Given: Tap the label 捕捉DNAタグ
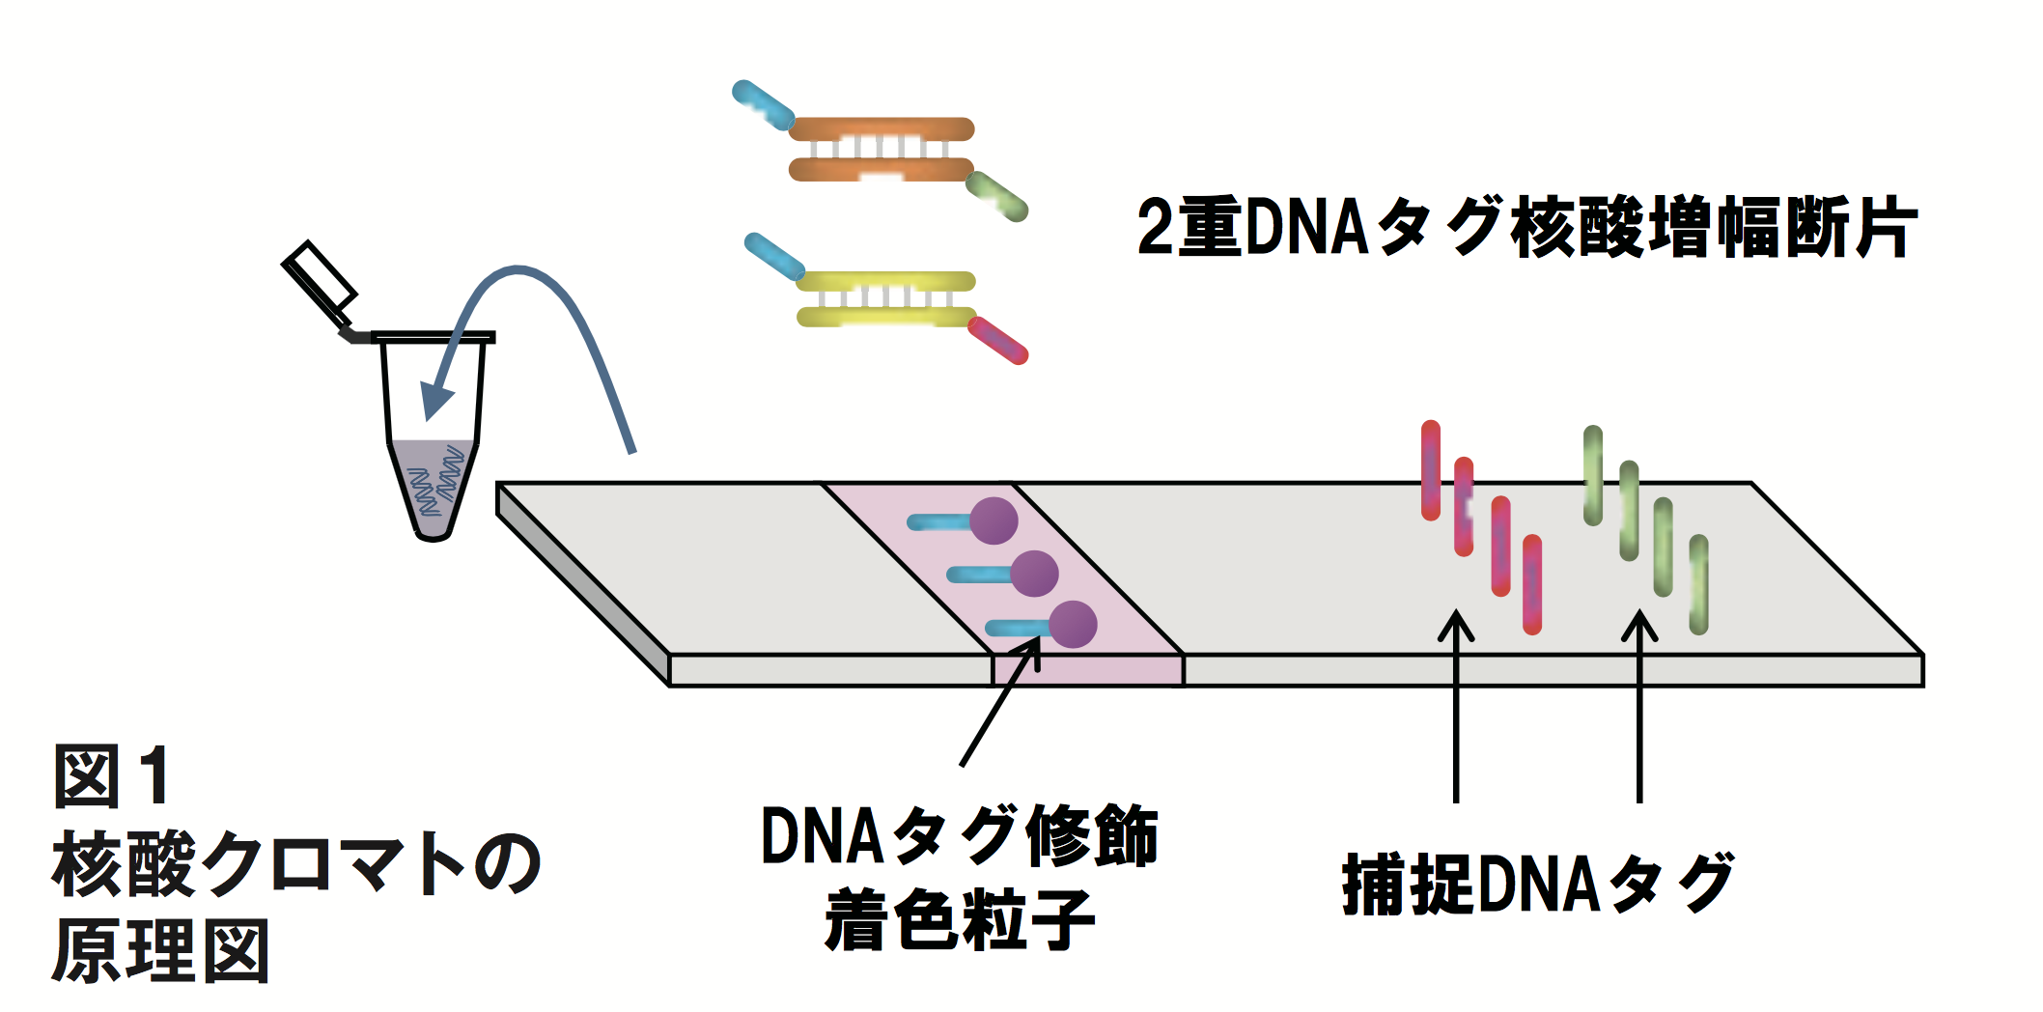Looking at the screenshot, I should pyautogui.click(x=1537, y=884).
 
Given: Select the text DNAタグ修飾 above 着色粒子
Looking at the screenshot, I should pyautogui.click(x=959, y=836).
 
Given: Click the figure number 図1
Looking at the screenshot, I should pyautogui.click(x=112, y=775).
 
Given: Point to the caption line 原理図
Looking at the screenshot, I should pyautogui.click(x=160, y=952).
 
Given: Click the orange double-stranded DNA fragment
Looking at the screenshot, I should pyautogui.click(x=881, y=150).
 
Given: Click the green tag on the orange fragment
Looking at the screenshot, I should pyautogui.click(x=997, y=196).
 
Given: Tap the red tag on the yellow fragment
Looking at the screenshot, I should pyautogui.click(x=998, y=341).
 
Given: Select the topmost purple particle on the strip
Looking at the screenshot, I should pyautogui.click(x=993, y=521).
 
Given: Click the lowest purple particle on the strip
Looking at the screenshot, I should pyautogui.click(x=1072, y=625).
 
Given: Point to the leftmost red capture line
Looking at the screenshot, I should pyautogui.click(x=1431, y=470).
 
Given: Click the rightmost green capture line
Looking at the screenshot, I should pyautogui.click(x=1698, y=584).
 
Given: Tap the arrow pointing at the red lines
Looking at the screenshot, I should pyautogui.click(x=1456, y=705).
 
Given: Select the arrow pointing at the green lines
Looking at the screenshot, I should pyautogui.click(x=1639, y=705).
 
